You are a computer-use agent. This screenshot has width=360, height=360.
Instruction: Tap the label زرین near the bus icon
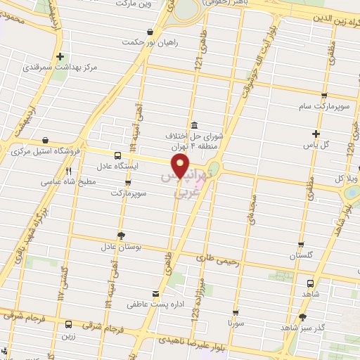[x=68, y=337]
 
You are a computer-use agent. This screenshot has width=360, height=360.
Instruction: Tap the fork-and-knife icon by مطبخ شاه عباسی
[x=68, y=171]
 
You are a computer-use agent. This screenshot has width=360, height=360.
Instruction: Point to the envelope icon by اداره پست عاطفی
[x=155, y=294]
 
